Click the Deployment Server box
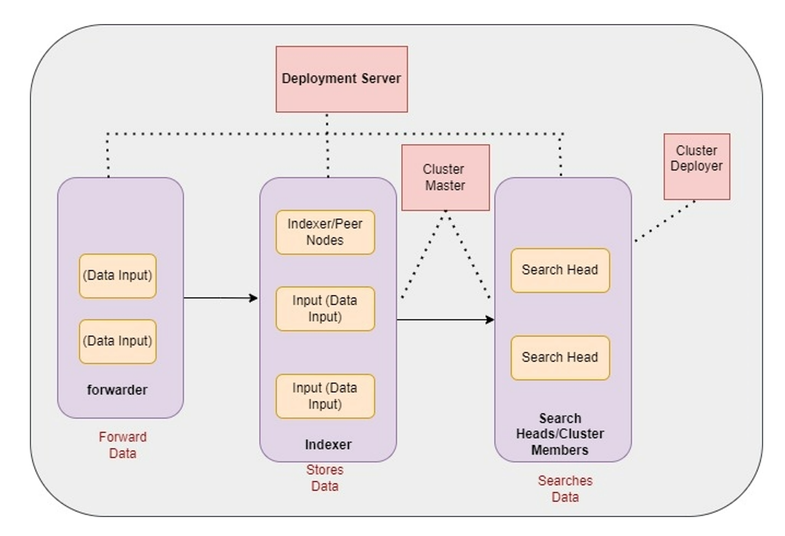(342, 79)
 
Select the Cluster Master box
(444, 178)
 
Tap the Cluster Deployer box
(696, 166)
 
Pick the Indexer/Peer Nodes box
(325, 232)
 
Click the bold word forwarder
(117, 390)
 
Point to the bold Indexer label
(328, 444)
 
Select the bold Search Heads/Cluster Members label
(560, 434)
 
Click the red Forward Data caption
(122, 445)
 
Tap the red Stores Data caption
(325, 478)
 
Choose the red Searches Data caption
(565, 489)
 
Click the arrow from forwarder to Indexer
(220, 297)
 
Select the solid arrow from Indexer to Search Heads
(444, 319)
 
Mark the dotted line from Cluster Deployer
(664, 221)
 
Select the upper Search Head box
(560, 270)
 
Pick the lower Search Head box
(560, 358)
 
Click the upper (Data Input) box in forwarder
(117, 276)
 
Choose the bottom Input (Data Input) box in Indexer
(325, 396)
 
